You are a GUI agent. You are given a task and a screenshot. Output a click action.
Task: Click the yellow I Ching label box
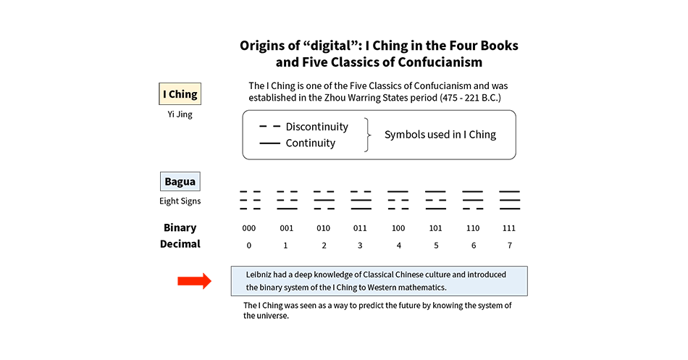point(180,94)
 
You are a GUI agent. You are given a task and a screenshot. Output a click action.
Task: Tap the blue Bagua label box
point(180,181)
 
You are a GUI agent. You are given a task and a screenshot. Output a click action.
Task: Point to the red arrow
point(194,281)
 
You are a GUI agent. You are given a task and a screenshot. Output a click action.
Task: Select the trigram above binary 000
point(250,200)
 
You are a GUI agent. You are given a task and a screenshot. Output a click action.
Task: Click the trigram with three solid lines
point(510,200)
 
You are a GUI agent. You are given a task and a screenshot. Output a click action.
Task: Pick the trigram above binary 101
point(436,200)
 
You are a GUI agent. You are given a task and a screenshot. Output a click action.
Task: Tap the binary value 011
point(360,228)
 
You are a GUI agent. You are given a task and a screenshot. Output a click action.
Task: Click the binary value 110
point(473,228)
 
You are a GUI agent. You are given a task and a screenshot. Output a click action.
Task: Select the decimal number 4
point(399,246)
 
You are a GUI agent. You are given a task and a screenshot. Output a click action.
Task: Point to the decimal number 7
point(510,246)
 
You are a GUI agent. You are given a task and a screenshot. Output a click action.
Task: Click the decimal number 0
point(249,246)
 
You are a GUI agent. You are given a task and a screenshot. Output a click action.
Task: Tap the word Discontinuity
point(316,127)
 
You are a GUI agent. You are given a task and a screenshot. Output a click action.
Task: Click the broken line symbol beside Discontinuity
point(270,127)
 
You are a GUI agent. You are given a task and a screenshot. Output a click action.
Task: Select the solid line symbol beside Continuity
point(270,143)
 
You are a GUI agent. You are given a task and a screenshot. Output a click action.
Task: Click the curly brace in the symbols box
point(368,135)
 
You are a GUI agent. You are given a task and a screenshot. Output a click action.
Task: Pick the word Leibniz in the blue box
point(259,275)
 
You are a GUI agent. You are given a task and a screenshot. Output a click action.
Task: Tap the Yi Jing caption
point(180,114)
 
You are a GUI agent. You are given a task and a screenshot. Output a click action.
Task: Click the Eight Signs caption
point(180,201)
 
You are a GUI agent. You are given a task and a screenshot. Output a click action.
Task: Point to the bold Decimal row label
point(180,244)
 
